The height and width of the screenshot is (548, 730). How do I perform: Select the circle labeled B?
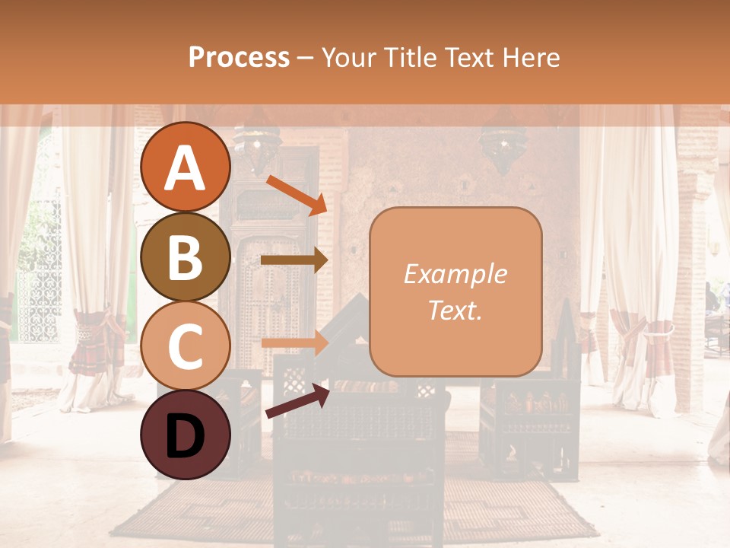point(186,257)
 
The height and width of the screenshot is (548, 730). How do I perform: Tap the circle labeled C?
point(186,346)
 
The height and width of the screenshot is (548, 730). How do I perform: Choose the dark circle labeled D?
point(186,435)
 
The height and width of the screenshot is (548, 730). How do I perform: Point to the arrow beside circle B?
point(294,260)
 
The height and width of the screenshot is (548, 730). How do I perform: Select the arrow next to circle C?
point(294,342)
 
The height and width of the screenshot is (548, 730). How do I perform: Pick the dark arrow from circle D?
point(297,402)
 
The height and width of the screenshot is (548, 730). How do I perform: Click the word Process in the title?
point(239,57)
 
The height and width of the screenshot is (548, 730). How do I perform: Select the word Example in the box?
point(455,274)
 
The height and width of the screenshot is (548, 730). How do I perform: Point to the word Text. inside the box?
point(455,310)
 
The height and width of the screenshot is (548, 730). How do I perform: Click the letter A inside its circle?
point(186,169)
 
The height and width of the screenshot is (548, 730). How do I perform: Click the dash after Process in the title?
point(305,59)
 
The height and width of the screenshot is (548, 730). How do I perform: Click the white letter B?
point(186,258)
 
